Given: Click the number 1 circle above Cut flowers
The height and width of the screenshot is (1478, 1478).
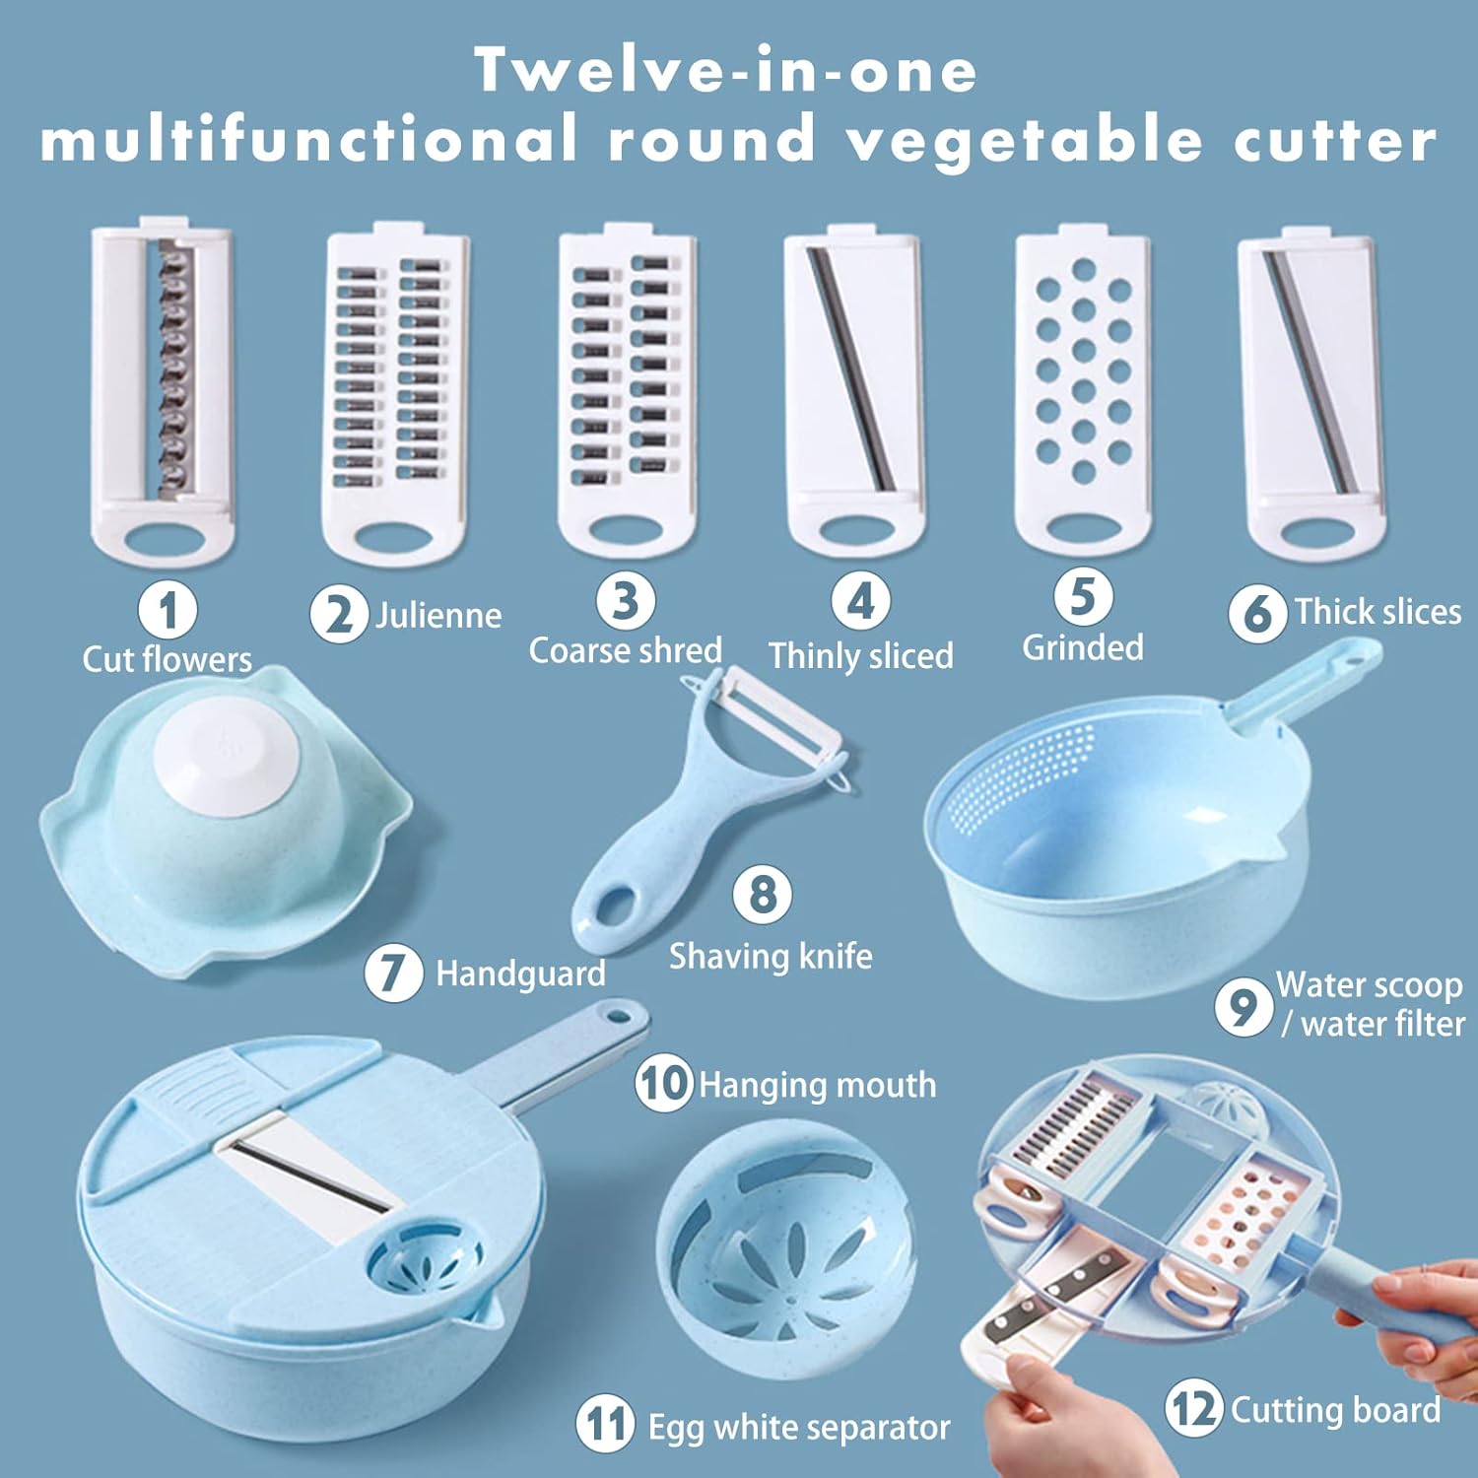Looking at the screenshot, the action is point(168,610).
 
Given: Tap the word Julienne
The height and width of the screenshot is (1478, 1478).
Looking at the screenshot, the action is point(438,616).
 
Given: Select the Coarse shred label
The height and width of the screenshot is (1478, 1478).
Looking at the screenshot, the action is point(626,650).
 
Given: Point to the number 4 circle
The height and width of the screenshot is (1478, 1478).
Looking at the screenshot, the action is point(861,601).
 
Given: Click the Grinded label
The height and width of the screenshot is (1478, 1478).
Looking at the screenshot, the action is point(1083,647).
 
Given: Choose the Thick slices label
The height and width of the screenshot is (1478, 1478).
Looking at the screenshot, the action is point(1377,611).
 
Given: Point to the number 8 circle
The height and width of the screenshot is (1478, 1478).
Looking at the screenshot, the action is point(762,895).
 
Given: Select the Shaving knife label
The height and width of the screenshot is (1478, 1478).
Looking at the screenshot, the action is point(771,956).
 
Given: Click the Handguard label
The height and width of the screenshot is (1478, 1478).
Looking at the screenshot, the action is point(520,974).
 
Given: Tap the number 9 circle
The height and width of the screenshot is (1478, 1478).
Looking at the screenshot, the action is point(1243,1006).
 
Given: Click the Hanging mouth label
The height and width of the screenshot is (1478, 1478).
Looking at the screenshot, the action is point(818,1085).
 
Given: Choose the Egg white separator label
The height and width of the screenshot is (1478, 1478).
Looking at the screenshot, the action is point(799,1427).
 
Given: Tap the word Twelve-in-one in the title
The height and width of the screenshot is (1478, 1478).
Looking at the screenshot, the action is point(726,71).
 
